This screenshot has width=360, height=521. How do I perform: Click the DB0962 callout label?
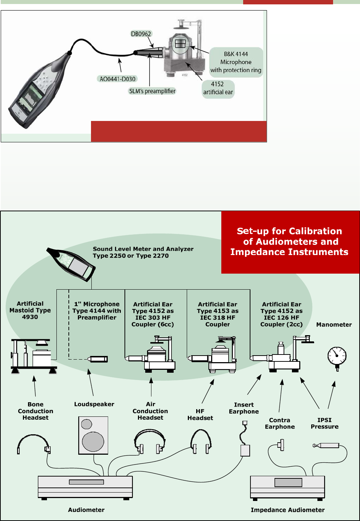141,34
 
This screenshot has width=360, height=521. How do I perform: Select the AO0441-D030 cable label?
117,79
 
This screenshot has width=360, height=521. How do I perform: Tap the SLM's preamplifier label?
152,91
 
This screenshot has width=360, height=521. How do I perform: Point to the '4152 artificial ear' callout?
218,88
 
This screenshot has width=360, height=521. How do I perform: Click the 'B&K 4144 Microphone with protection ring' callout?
236,62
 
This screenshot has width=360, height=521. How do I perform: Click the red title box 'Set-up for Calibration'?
289,242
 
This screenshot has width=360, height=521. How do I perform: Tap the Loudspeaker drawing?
93,435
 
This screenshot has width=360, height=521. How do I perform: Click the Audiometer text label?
86,510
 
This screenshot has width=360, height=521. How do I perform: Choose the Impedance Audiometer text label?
288,510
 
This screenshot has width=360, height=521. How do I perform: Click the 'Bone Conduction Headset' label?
35,411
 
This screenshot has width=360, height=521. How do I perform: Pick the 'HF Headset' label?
200,415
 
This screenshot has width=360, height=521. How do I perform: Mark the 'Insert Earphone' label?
244,408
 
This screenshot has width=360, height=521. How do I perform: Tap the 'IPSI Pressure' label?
324,423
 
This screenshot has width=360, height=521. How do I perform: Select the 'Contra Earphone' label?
280,423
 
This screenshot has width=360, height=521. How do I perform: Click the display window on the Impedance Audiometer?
288,482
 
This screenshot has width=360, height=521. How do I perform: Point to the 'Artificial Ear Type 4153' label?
218,314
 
